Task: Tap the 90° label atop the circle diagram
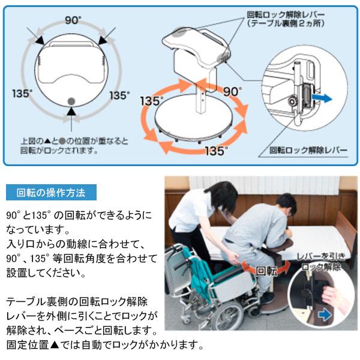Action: click(73, 20)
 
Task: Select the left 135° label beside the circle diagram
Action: click(22, 94)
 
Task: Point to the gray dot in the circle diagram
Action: click(71, 101)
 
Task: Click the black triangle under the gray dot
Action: click(71, 112)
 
